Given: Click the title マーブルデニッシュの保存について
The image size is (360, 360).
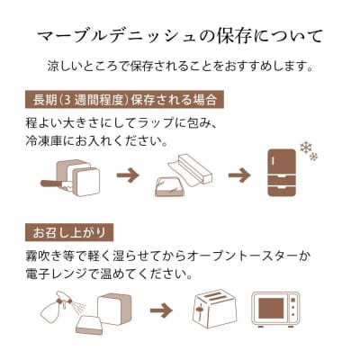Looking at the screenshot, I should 180,38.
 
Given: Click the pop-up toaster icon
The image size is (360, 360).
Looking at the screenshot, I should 212,310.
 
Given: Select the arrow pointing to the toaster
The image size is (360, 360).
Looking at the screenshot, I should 161,310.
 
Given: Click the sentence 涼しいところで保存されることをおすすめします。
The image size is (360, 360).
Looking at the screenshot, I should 180,67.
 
